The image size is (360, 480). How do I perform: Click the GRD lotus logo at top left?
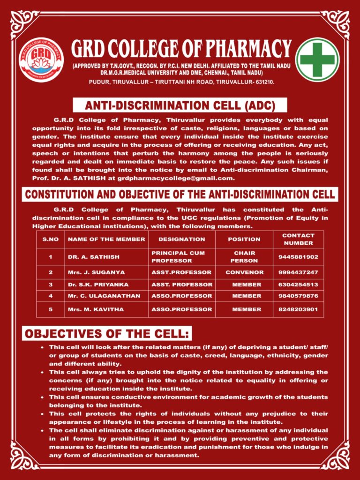pos(41,60)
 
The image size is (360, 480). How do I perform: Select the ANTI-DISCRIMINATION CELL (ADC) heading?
pos(180,105)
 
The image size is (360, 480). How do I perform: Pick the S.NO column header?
pos(50,239)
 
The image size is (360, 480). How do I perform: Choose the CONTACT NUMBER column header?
pos(298,239)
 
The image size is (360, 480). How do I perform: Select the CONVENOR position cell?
pos(244,272)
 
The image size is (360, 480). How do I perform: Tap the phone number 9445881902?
pos(298,257)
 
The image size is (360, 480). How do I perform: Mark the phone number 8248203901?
pos(298,309)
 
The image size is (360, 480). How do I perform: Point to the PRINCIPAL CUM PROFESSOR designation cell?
pos(178,257)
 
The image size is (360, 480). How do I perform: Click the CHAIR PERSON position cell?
pos(244,257)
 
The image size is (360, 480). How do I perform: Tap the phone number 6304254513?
pos(298,285)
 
